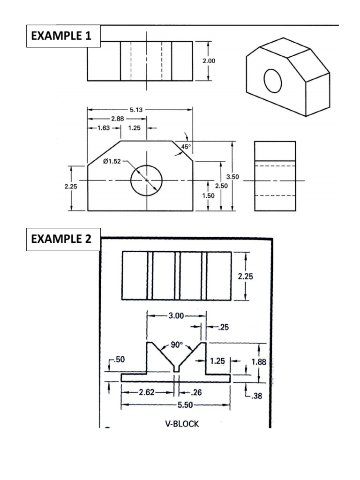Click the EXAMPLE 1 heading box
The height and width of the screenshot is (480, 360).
[x=63, y=36]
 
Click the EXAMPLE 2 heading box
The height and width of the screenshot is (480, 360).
[x=63, y=240]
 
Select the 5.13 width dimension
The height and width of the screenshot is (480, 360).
[x=136, y=110]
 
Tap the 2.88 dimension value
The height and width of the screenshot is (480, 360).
[x=118, y=119]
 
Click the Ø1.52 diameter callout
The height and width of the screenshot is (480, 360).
[x=112, y=162]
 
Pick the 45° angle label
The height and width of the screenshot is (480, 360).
[x=187, y=147]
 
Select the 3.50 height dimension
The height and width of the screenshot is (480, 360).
[x=232, y=177]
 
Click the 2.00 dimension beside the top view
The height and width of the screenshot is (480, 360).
[x=209, y=60]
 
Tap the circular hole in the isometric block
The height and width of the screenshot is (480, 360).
[x=273, y=81]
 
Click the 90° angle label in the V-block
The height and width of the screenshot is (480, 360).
[x=176, y=345]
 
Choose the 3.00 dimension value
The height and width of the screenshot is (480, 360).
[x=176, y=316]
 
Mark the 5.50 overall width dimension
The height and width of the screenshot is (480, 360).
[x=176, y=405]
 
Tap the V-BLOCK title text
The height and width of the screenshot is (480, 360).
[x=182, y=424]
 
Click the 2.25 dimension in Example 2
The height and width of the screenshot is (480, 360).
[x=246, y=277]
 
